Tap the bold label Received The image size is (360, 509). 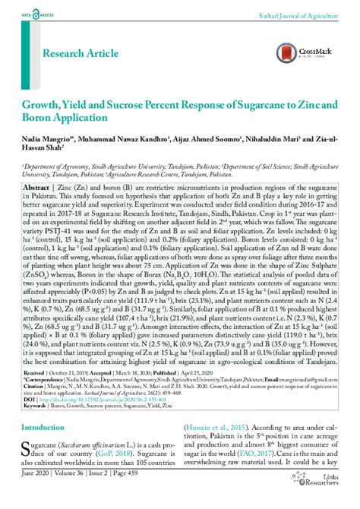coord(35,374)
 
